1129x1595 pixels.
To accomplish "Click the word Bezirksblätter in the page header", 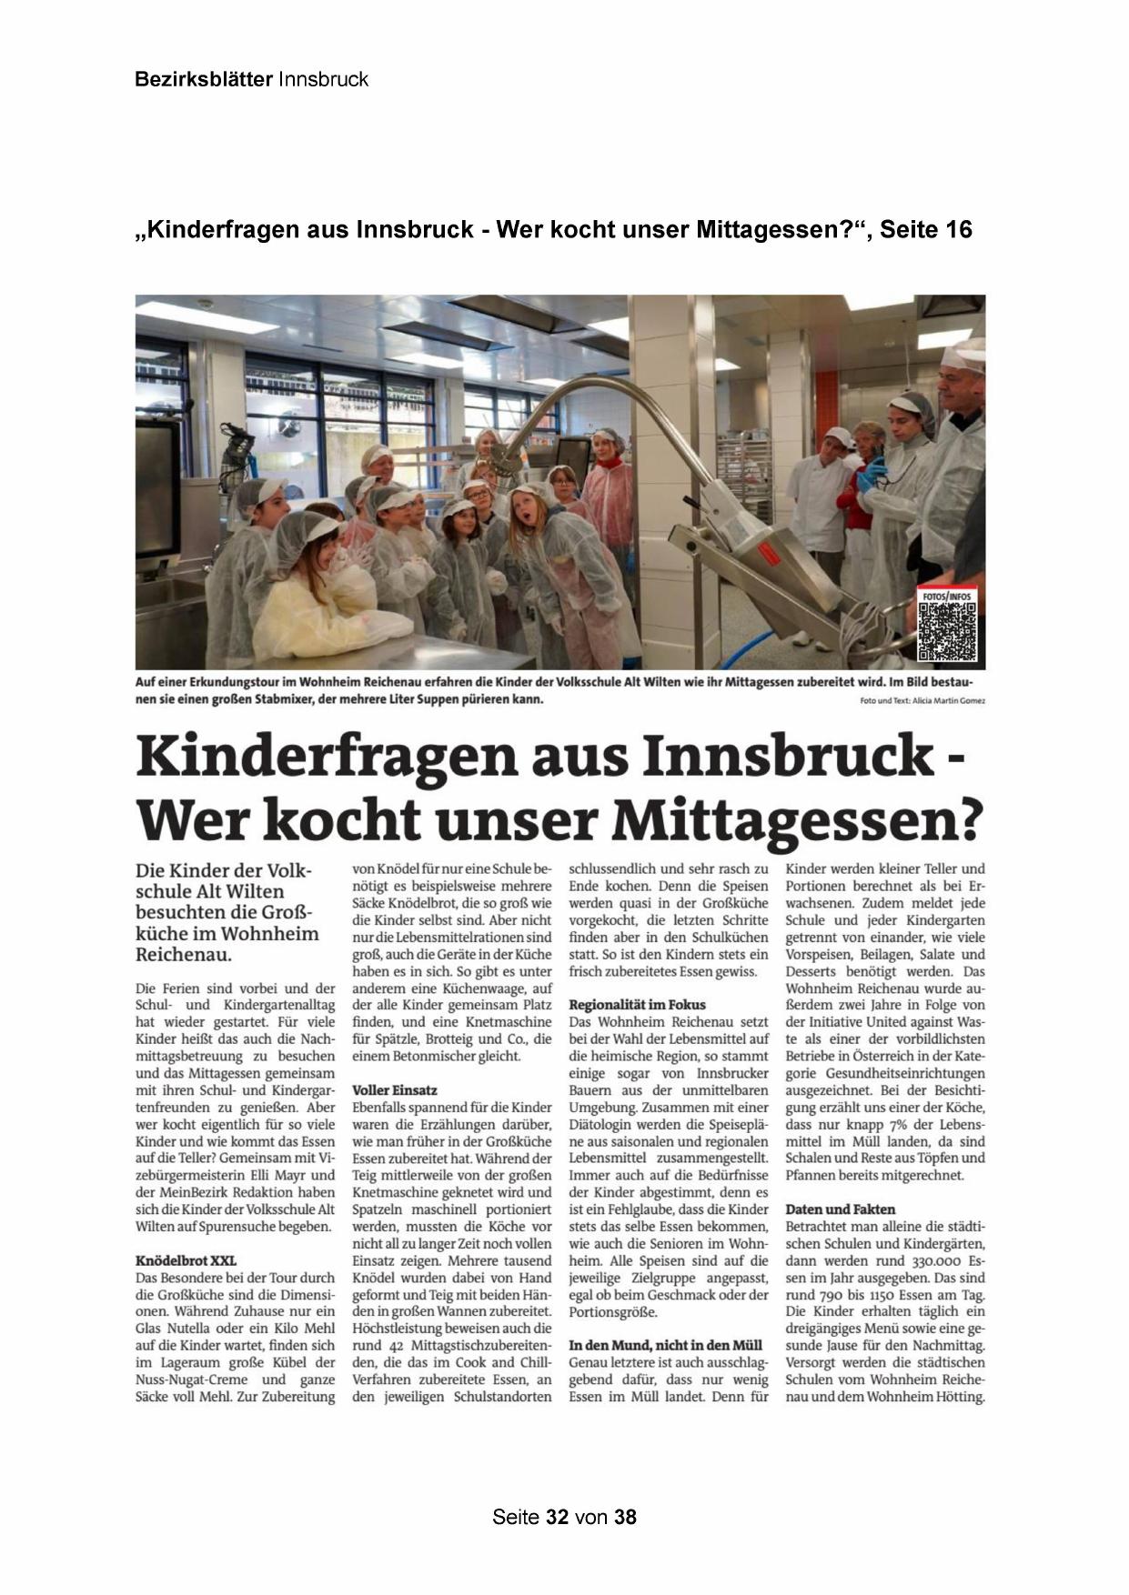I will (x=203, y=79).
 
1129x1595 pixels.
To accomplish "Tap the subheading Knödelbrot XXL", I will (x=186, y=1260).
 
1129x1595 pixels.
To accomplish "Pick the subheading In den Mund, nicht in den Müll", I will (x=665, y=1345).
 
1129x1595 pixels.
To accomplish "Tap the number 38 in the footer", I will (x=625, y=1517).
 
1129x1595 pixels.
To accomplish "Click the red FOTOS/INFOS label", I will (x=947, y=597).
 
